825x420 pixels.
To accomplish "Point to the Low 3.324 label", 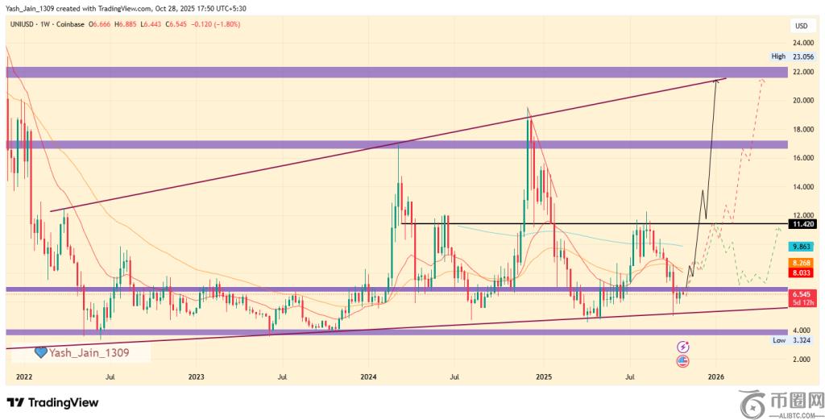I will pos(793,341).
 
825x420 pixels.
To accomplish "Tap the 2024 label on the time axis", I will pos(369,376).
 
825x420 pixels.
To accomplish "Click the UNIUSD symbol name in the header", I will pos(22,24).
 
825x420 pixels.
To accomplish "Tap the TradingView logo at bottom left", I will pos(52,402).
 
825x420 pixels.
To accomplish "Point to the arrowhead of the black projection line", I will pos(716,81).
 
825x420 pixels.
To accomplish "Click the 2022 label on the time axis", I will pos(23,376).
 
